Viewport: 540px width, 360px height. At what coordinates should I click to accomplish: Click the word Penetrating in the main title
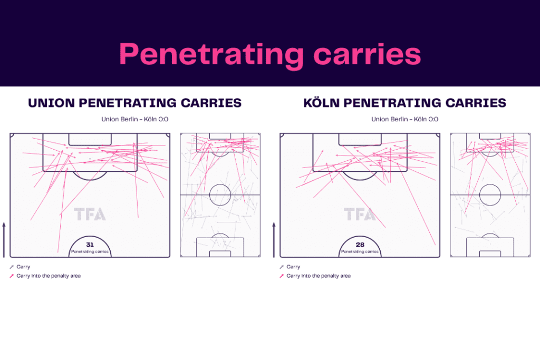click(211, 55)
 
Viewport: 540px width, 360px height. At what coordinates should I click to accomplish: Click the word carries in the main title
click(367, 54)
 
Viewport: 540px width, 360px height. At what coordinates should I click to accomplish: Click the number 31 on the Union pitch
click(90, 245)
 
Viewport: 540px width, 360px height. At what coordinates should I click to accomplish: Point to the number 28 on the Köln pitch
click(360, 245)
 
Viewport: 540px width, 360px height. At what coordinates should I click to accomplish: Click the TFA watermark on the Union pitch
click(90, 214)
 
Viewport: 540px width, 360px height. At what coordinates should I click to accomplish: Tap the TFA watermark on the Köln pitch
click(360, 214)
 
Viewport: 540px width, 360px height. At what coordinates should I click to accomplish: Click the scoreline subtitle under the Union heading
click(134, 120)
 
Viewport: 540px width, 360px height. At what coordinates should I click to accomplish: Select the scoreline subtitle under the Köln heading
click(404, 120)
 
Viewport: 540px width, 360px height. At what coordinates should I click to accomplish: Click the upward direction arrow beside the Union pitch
click(4, 239)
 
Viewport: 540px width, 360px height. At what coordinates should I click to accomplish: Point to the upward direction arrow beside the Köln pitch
click(274, 239)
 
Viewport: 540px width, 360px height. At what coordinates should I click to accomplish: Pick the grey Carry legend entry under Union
click(20, 267)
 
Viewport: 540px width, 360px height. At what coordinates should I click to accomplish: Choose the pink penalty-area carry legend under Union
click(45, 276)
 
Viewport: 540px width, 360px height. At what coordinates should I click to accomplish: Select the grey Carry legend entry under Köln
click(290, 267)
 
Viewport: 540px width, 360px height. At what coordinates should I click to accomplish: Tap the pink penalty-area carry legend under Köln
click(315, 276)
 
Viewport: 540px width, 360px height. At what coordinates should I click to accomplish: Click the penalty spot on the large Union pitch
click(90, 159)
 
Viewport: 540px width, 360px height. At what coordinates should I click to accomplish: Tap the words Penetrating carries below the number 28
click(360, 251)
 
